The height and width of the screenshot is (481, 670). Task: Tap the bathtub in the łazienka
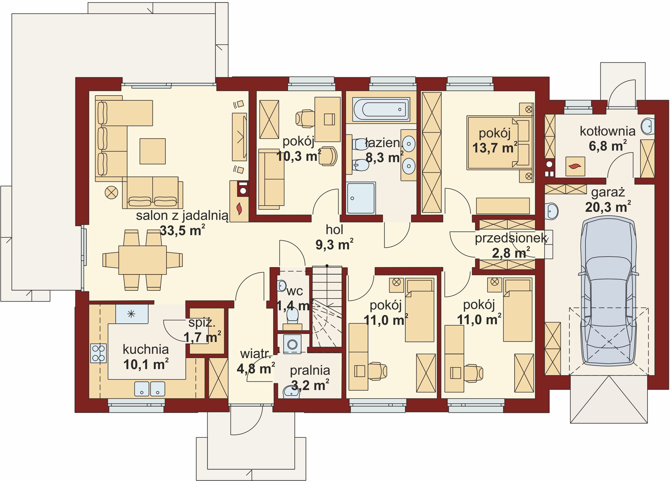381,109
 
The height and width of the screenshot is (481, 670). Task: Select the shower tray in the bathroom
361,198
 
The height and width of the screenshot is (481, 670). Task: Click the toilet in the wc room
292,317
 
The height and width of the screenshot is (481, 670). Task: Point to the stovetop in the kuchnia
98,353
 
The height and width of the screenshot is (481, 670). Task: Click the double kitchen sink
150,388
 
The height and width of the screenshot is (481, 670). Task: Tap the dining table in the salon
142,260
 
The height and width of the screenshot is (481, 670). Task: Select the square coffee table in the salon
152,151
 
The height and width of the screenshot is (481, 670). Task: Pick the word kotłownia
608,131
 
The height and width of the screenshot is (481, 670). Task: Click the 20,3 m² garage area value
608,207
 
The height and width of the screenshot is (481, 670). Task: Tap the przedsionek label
511,238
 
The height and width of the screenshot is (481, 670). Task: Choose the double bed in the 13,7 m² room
500,143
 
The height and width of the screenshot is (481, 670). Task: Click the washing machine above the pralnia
292,344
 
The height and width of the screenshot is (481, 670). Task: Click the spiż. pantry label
202,323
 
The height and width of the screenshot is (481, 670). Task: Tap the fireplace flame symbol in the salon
239,209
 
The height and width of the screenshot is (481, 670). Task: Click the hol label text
334,230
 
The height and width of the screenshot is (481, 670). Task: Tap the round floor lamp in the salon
111,192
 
